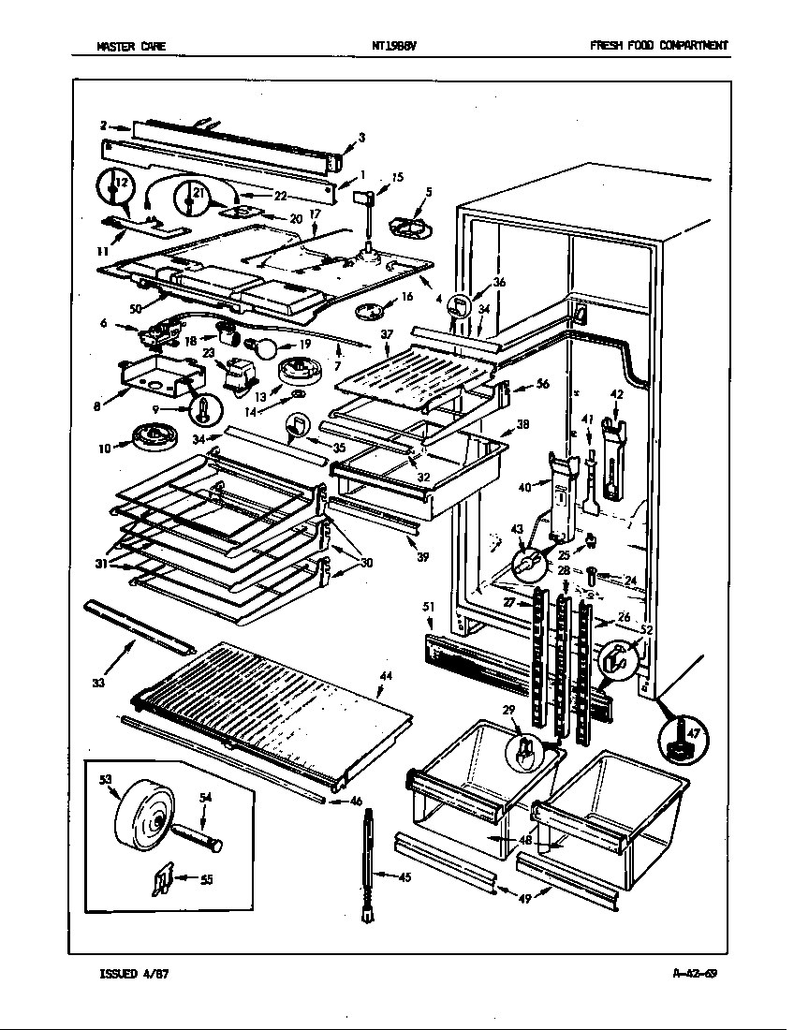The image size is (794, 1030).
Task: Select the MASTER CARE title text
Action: pos(132,45)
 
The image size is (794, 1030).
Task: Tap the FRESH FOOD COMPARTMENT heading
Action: pos(659,45)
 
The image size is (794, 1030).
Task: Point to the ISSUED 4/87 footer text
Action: pos(134,973)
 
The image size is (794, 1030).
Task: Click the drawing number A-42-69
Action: pos(695,973)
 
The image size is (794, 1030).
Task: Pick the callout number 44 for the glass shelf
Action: pos(385,676)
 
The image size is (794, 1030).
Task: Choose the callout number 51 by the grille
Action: pos(428,607)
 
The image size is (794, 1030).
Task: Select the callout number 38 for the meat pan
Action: pos(522,423)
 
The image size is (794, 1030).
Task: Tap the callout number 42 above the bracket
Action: pos(615,394)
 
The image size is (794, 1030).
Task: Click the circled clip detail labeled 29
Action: pos(526,750)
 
